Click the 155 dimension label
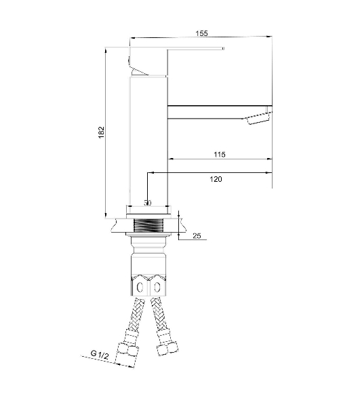click(x=201, y=33)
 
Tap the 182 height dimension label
click(x=101, y=132)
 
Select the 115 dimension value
click(x=220, y=155)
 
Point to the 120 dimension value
click(x=216, y=179)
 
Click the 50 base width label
click(x=147, y=203)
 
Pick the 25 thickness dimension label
click(x=197, y=235)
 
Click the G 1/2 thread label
click(x=100, y=354)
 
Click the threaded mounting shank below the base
click(x=148, y=226)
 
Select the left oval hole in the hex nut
click(x=140, y=288)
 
